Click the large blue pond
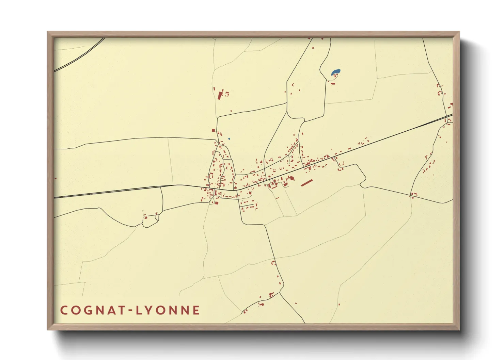(335, 72)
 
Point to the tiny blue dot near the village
(229, 139)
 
